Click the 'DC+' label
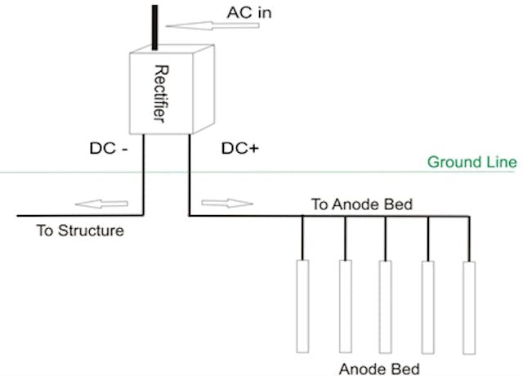240,150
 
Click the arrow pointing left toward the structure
95,203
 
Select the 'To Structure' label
79,231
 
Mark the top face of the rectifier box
167,47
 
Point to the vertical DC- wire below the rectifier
144,176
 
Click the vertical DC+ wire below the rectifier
190,176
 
